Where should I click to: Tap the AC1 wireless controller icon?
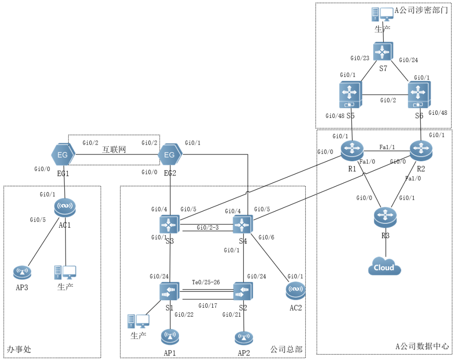pos(65,206)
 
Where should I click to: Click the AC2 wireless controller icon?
pos(295,291)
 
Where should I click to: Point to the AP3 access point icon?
pos(21,272)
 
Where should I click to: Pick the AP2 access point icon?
pos(244,338)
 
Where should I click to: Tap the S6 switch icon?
pos(420,95)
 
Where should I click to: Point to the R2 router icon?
pos(422,151)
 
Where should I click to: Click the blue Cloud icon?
pos(385,266)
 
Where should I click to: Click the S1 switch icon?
pos(169,292)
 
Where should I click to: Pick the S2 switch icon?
pos(243,292)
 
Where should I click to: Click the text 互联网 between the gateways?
pos(114,150)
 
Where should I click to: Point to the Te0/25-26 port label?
pos(205,283)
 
